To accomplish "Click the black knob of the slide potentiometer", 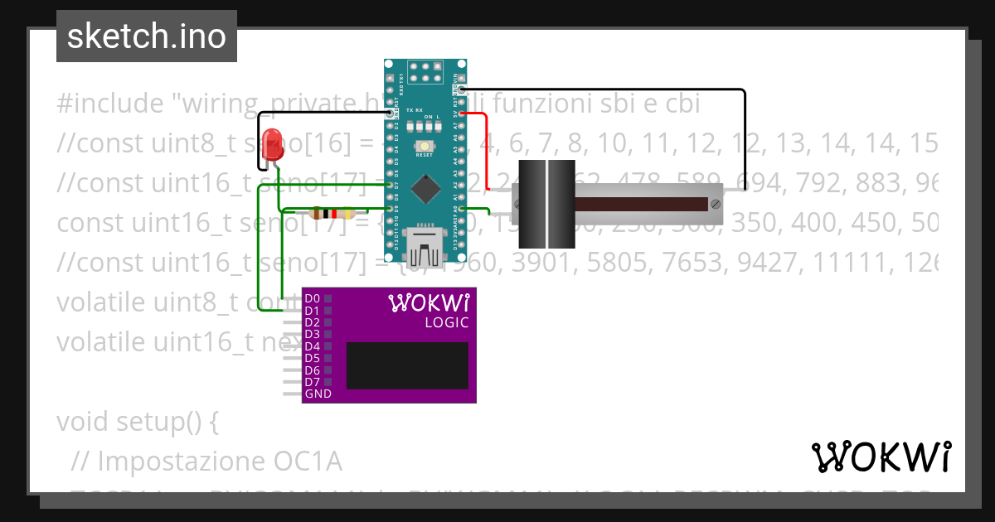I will tap(546, 204).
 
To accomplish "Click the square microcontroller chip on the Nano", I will tap(425, 189).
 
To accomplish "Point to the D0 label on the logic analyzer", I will tap(313, 298).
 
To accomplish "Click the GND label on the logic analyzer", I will tap(318, 394).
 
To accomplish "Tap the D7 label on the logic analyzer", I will tap(313, 382).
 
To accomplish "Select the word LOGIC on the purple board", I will tap(446, 323).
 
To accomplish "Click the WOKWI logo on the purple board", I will tap(429, 302).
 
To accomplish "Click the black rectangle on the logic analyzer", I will tap(407, 365).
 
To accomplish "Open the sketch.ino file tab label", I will tap(147, 36).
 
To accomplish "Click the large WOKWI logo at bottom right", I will tap(881, 457).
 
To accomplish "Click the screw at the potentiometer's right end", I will tap(714, 203).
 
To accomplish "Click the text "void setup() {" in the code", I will tap(138, 422).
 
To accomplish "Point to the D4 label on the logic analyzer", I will tap(313, 346).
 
